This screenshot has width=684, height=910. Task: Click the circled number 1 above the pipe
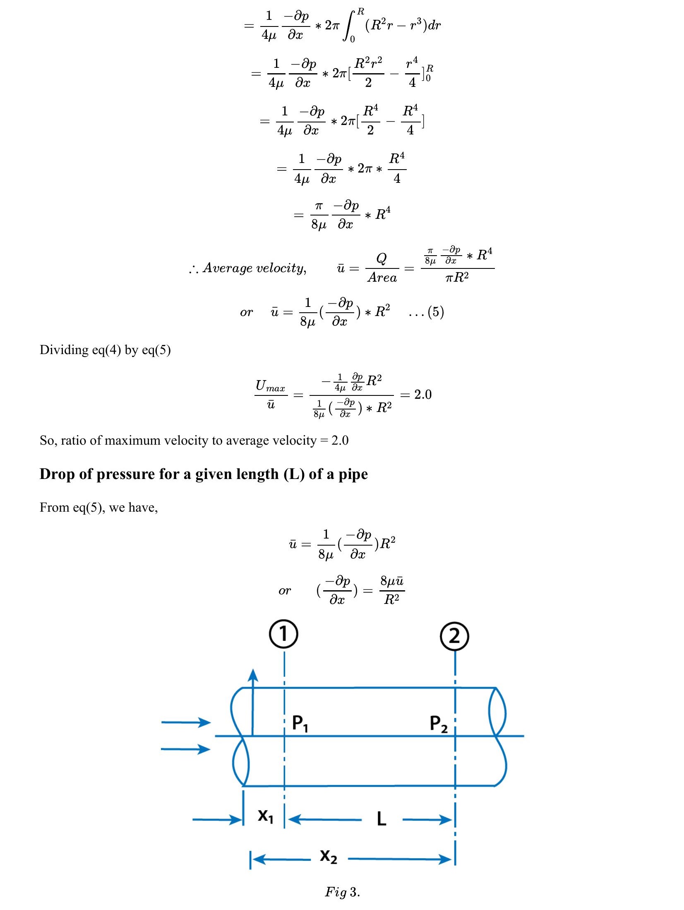(283, 634)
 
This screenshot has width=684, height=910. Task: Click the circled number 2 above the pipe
(454, 636)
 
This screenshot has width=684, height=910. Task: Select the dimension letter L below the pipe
(382, 819)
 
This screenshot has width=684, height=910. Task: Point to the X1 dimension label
(265, 816)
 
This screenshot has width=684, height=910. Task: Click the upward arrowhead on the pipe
(253, 676)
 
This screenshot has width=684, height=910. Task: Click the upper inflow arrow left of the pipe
(186, 722)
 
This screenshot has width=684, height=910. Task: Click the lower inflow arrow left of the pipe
(186, 749)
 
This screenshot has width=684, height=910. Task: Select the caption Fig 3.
(342, 892)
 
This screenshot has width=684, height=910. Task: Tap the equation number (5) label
(436, 311)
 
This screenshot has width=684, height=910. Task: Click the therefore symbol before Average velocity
(193, 269)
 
